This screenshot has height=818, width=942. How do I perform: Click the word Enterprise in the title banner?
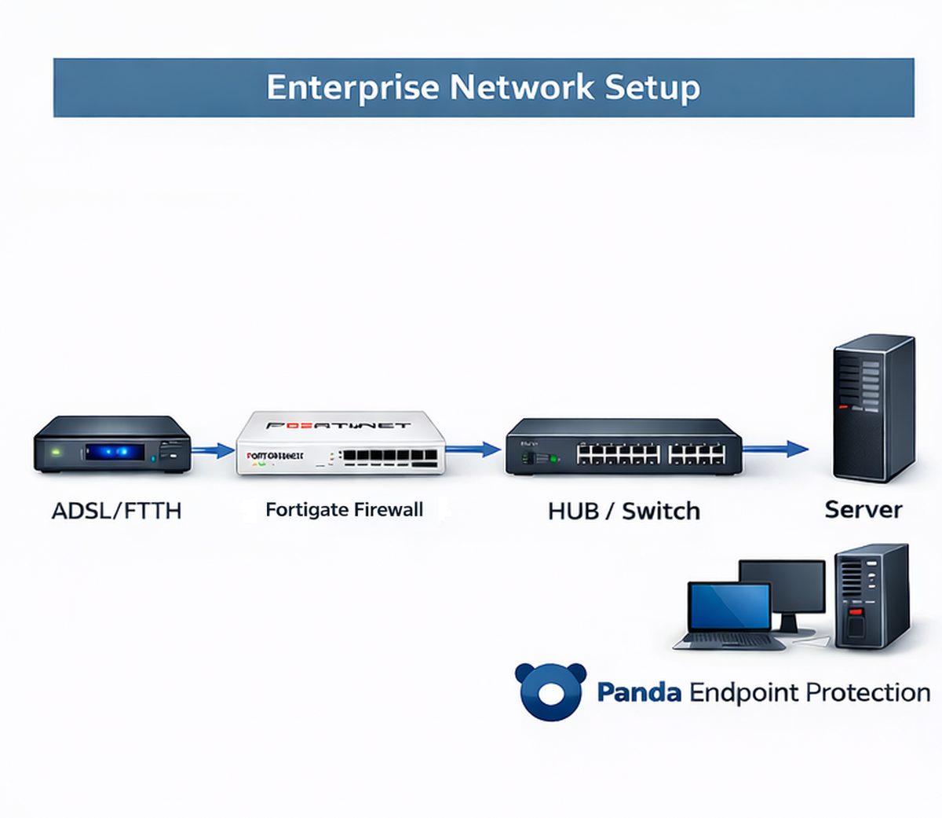tap(352, 87)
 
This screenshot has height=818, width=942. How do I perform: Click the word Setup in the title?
tap(652, 87)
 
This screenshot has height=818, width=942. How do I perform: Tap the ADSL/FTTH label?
tap(116, 511)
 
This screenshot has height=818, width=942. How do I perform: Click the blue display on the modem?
tap(115, 452)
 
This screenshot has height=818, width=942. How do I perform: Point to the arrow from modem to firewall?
tap(213, 451)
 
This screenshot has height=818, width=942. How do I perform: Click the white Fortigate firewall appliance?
tap(341, 444)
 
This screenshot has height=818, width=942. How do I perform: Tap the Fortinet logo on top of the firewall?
tap(338, 425)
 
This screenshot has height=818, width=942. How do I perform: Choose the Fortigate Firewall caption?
tap(344, 510)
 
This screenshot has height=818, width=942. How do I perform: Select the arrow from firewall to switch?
tap(473, 449)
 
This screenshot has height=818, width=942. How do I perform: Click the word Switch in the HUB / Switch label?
tap(660, 511)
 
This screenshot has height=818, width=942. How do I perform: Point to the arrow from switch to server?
tap(776, 449)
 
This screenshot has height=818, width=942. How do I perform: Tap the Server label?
tap(863, 509)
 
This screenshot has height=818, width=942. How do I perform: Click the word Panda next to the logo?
tap(638, 692)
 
